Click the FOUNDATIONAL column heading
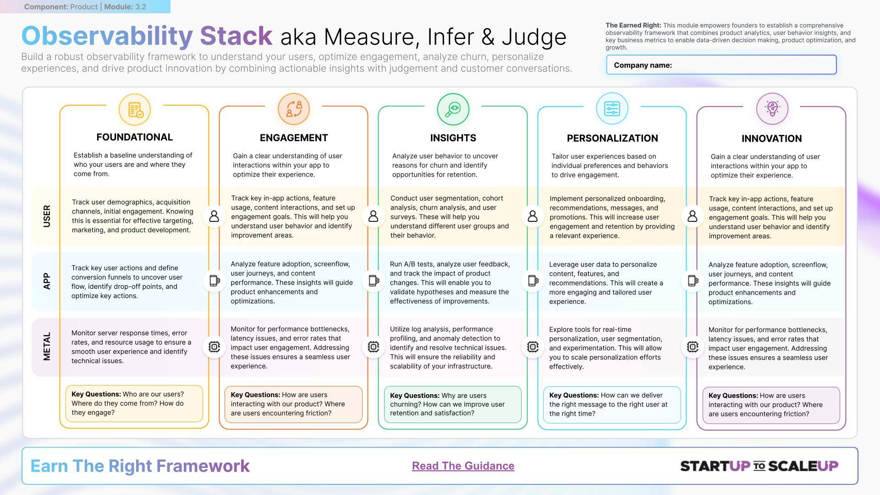134,137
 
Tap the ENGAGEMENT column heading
294,138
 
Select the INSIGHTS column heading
453,138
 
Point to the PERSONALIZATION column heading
612,138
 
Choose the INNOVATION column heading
772,138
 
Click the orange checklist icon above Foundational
135,110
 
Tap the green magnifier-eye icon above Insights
453,109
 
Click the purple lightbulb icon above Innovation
772,109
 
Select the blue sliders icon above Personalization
612,109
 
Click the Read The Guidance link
463,466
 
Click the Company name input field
721,65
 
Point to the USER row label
47,216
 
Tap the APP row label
46,281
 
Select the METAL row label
47,346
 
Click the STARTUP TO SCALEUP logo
759,466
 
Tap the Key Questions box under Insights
453,404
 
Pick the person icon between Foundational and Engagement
214,216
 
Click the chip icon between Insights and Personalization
533,346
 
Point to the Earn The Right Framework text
140,466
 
